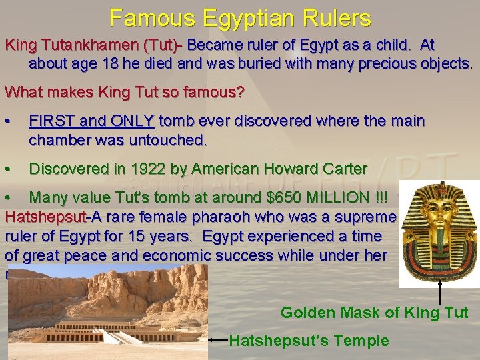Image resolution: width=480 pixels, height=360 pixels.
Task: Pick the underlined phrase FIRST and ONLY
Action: pyautogui.click(x=91, y=121)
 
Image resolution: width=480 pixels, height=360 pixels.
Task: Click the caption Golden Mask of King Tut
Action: pyautogui.click(x=374, y=312)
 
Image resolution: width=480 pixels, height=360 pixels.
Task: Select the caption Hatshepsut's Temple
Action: pyautogui.click(x=309, y=341)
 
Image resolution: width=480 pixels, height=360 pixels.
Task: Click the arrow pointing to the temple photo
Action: pyautogui.click(x=219, y=340)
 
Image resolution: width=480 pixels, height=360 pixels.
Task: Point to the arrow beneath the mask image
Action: pyautogui.click(x=441, y=293)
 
